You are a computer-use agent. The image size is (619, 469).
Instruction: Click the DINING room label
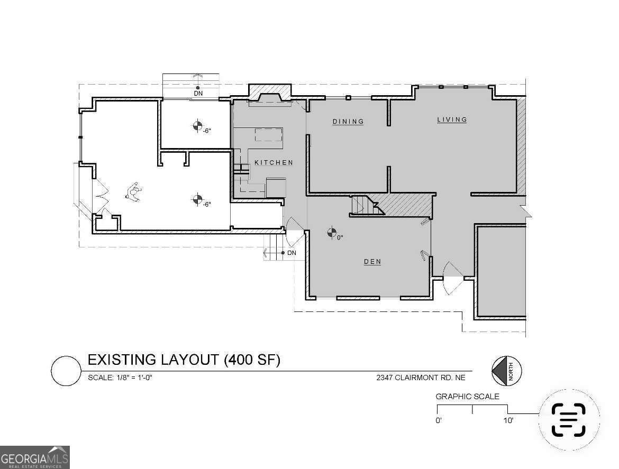point(348,122)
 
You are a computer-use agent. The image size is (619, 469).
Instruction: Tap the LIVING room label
point(452,119)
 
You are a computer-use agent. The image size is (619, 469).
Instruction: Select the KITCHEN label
point(274,162)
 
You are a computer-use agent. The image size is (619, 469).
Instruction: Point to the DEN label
point(372,261)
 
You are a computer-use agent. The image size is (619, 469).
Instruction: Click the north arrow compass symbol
point(506,371)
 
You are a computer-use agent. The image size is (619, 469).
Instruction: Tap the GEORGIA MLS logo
point(34,457)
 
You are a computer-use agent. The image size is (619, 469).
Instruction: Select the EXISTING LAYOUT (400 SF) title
point(184,360)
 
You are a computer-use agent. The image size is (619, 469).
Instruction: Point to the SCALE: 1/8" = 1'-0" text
point(121,378)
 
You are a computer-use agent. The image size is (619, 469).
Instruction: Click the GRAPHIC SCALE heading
point(467,397)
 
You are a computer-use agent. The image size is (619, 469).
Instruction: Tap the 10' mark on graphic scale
point(508,421)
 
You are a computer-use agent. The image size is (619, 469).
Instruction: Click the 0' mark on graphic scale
point(439,421)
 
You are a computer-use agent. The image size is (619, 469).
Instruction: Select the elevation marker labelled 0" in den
point(332,232)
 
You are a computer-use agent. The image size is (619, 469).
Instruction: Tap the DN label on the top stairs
point(198,94)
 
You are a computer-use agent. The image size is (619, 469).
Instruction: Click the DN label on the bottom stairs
point(292,253)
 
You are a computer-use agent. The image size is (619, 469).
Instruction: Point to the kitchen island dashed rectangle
point(269,134)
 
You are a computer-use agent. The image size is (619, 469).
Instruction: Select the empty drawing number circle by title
point(65,371)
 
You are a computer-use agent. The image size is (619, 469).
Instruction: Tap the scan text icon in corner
point(569,419)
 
